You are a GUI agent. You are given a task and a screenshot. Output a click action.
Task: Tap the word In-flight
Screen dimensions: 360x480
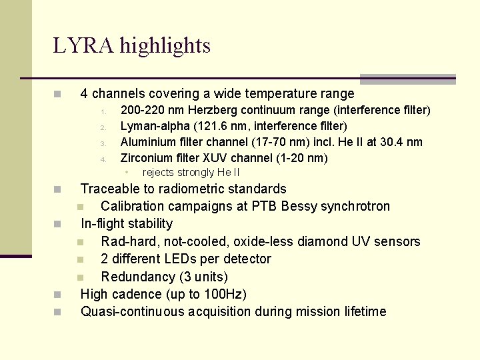105,223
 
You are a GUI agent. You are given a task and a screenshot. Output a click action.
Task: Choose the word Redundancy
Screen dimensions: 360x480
137,277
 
